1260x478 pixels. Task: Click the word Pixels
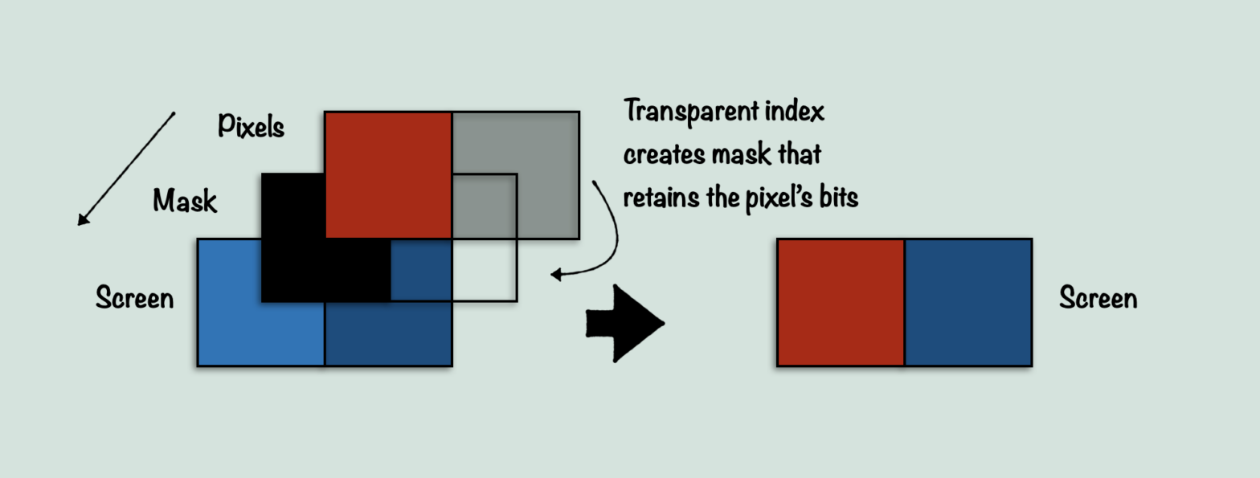pos(251,126)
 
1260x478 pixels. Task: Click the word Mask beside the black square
pos(185,201)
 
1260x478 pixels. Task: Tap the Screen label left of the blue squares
pos(134,298)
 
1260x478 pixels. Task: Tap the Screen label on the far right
pos(1098,298)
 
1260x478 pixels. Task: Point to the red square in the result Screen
pos(841,302)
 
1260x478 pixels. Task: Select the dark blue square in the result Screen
pos(968,302)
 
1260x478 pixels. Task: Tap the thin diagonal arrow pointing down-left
pos(125,169)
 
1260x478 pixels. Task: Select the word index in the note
pos(796,110)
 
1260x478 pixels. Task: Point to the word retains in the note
pos(656,197)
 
